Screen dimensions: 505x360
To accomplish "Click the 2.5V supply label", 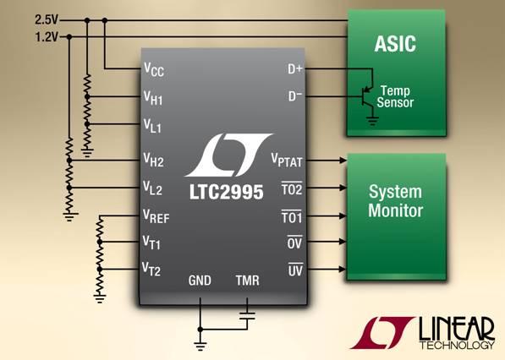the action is click(47, 20).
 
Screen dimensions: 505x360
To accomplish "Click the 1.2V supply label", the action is click(47, 37).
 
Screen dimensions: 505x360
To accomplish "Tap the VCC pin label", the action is click(154, 69).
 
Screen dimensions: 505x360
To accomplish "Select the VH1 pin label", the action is click(153, 97).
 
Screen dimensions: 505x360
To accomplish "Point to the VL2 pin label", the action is click(152, 188).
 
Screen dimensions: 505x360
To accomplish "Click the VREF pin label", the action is click(156, 216).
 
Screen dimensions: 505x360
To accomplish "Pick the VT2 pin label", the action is click(151, 269).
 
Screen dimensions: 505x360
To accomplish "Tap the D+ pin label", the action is click(295, 68).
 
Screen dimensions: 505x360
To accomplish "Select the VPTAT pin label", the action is click(287, 160).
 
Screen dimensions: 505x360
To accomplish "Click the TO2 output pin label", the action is click(292, 188).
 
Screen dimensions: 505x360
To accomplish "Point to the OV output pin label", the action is click(294, 243).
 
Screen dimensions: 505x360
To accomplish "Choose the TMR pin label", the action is click(247, 281).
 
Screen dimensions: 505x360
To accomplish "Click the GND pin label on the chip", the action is click(200, 281).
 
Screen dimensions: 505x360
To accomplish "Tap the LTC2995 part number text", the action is click(226, 193).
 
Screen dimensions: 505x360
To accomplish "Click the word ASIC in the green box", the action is click(395, 43).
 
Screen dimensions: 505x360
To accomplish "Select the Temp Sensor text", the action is click(395, 96).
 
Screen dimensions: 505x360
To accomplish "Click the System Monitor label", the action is click(396, 201).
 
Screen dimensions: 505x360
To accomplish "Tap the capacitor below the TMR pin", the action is click(247, 315).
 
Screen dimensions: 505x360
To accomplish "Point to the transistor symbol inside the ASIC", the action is click(367, 96).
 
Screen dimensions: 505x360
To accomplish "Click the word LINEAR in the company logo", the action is click(457, 329).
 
